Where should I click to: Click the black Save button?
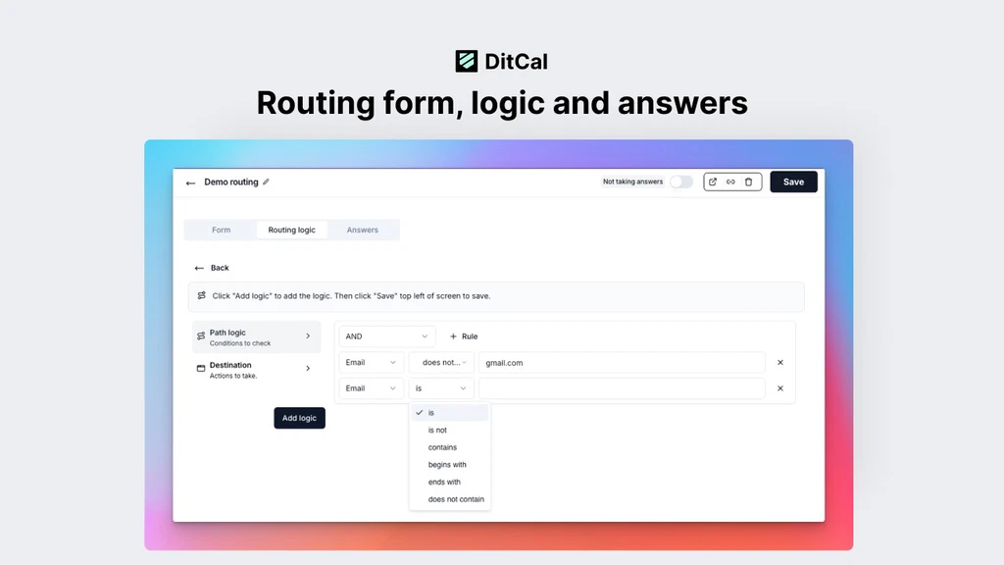pyautogui.click(x=793, y=181)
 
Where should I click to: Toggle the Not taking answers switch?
pyautogui.click(x=681, y=181)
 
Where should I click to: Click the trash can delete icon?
pyautogui.click(x=748, y=181)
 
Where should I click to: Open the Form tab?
pyautogui.click(x=221, y=230)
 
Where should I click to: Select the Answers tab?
pyautogui.click(x=363, y=230)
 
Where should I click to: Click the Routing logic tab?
pyautogui.click(x=291, y=230)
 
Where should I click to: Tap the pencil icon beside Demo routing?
pyautogui.click(x=266, y=181)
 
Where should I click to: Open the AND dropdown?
pyautogui.click(x=386, y=336)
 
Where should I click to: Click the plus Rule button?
pyautogui.click(x=464, y=336)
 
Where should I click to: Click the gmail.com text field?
pyautogui.click(x=622, y=363)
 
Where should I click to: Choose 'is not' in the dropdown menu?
pyautogui.click(x=437, y=430)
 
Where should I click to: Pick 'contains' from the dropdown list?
pyautogui.click(x=442, y=447)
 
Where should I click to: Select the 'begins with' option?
pyautogui.click(x=447, y=464)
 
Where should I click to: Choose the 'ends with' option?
pyautogui.click(x=444, y=482)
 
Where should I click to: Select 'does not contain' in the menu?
pyautogui.click(x=456, y=499)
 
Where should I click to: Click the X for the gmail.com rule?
pyautogui.click(x=779, y=363)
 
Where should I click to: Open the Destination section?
pyautogui.click(x=256, y=370)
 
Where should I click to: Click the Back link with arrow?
pyautogui.click(x=212, y=268)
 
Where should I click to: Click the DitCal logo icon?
pyautogui.click(x=466, y=62)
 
